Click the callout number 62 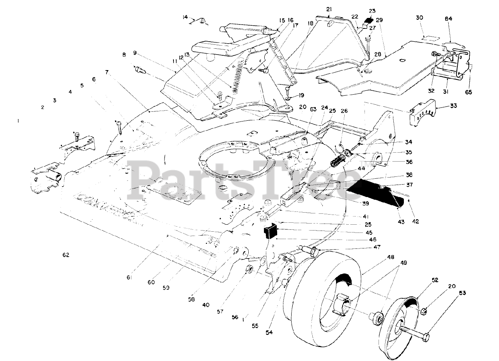click(x=65, y=255)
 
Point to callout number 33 click(x=442, y=106)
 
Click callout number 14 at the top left click(x=185, y=17)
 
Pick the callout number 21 click(x=329, y=9)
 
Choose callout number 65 click(x=469, y=92)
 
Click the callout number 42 click(x=415, y=222)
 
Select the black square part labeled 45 click(x=271, y=231)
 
